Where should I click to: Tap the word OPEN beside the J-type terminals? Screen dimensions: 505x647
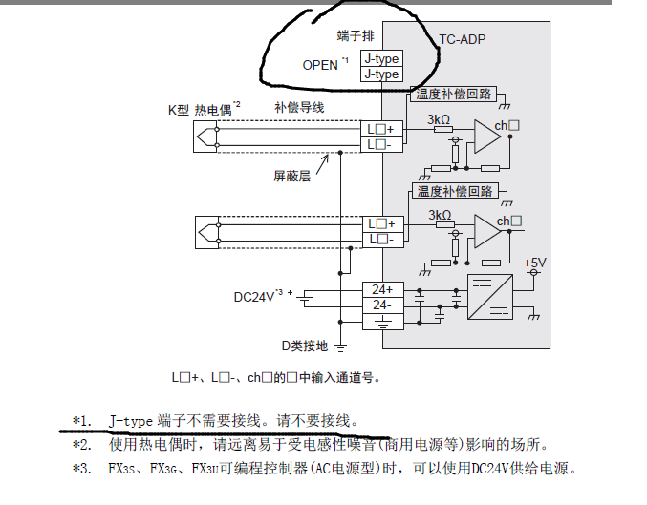(320, 65)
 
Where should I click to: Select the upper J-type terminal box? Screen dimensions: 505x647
(380, 58)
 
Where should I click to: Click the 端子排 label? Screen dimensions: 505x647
(356, 35)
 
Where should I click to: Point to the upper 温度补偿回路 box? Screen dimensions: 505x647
(454, 94)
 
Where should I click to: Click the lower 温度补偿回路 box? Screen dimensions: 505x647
(454, 191)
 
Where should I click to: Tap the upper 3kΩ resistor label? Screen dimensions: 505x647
(439, 119)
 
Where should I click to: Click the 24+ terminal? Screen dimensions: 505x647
(381, 289)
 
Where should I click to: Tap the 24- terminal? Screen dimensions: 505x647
(381, 305)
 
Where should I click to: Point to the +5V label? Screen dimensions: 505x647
(535, 262)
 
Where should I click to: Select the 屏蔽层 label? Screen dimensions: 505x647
(291, 176)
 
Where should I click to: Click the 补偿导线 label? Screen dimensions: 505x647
(299, 107)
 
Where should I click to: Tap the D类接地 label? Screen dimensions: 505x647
(303, 346)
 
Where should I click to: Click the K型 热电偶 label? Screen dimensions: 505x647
(199, 109)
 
